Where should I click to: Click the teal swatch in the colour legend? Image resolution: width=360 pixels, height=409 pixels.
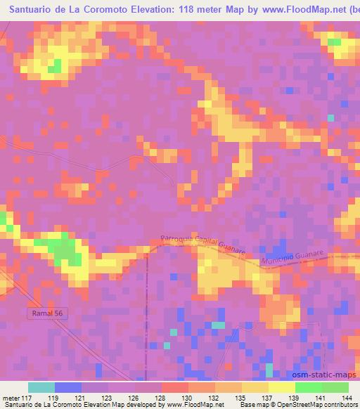(x=41, y=387)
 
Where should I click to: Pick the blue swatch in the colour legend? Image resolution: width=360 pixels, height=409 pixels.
(x=67, y=387)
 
